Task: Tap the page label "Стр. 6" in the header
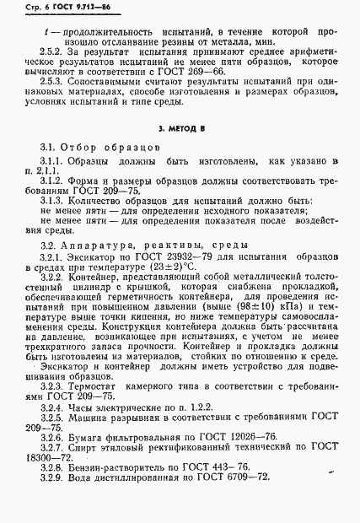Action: pyautogui.click(x=31, y=8)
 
